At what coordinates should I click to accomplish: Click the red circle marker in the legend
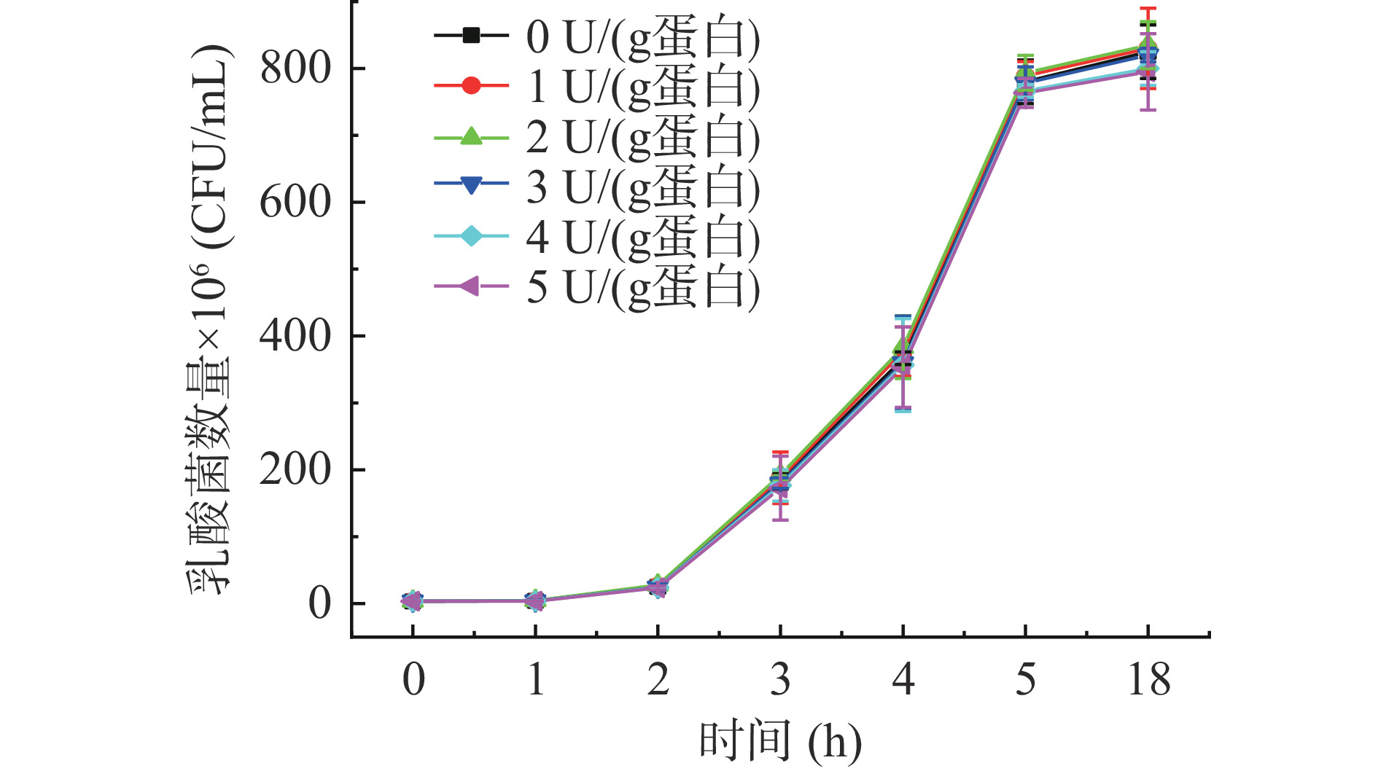pyautogui.click(x=471, y=86)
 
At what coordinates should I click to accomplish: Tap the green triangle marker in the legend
pyautogui.click(x=471, y=136)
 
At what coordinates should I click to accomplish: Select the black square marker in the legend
pyautogui.click(x=471, y=35)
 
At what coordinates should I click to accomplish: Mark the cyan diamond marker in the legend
pyautogui.click(x=471, y=237)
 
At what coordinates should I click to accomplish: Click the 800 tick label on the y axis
pyautogui.click(x=295, y=69)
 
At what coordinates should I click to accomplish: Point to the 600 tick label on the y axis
pyautogui.click(x=295, y=203)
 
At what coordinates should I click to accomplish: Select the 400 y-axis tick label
pyautogui.click(x=295, y=337)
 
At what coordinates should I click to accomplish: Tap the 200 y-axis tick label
pyautogui.click(x=295, y=470)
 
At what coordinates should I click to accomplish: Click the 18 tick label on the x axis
pyautogui.click(x=1148, y=680)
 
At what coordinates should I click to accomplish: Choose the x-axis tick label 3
pyautogui.click(x=780, y=680)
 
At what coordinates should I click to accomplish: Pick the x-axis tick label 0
pyautogui.click(x=413, y=680)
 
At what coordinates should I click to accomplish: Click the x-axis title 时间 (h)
pyautogui.click(x=780, y=742)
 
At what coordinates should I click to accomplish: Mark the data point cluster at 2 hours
pyautogui.click(x=658, y=587)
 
